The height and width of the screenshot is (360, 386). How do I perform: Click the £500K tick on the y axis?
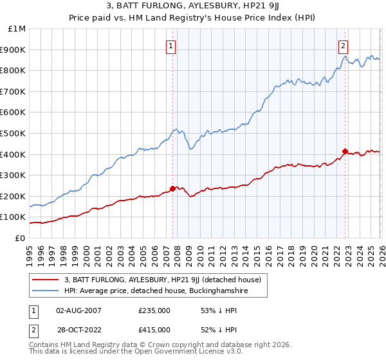tap(14, 133)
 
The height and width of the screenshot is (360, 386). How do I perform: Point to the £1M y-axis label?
tap(16, 28)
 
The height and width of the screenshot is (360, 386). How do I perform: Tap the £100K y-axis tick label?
tap(14, 217)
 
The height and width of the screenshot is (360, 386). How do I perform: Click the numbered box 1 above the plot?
tap(171, 46)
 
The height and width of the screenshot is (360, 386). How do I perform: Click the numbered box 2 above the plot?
tap(344, 46)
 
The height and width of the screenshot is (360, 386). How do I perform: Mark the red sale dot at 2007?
tap(172, 188)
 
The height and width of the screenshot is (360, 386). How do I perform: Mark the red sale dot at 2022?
tap(345, 151)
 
